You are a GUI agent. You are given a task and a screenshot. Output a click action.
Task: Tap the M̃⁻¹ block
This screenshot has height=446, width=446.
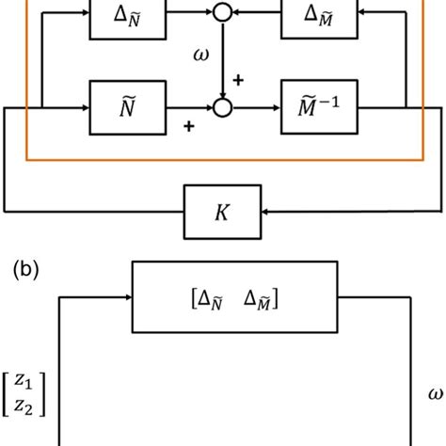tap(318, 108)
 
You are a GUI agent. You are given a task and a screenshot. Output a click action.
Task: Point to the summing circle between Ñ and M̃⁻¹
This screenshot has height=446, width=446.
tap(222, 108)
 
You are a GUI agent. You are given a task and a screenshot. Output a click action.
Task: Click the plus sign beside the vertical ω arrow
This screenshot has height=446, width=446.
tap(237, 81)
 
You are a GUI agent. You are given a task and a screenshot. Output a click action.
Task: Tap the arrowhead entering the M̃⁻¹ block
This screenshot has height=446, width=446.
tap(276, 108)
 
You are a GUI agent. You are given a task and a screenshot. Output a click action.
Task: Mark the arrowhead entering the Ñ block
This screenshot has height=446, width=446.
tap(84, 108)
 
